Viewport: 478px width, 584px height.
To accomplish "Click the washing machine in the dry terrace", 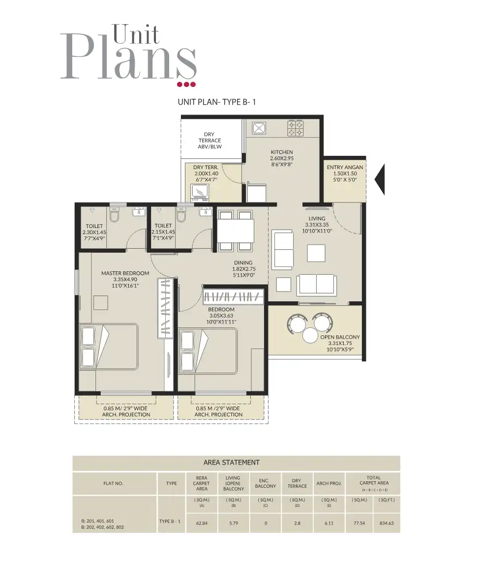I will tap(200, 192).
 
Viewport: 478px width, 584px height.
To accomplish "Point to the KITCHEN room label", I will tap(282, 152).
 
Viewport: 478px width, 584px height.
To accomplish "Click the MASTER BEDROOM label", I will tap(125, 273).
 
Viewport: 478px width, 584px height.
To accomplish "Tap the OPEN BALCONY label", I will tap(340, 337).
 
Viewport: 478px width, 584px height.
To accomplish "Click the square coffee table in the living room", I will tap(316, 253).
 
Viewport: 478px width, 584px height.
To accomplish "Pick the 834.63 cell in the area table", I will tap(387, 523).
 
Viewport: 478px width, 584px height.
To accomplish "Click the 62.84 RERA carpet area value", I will tap(202, 523).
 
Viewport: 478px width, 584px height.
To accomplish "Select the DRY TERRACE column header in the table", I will tap(297, 483).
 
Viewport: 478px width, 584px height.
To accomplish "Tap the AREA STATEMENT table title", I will tap(231, 463).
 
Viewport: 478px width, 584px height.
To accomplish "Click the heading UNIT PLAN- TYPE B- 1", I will tap(217, 102).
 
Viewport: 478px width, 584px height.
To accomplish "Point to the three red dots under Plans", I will tap(186, 85).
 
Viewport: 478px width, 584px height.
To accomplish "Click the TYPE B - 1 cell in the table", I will tap(171, 521).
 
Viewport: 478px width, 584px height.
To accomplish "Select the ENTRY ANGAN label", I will tap(345, 167).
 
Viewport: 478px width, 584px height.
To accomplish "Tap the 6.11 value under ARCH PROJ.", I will tap(329, 523).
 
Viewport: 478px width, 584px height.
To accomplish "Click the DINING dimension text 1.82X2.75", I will tap(243, 269).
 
